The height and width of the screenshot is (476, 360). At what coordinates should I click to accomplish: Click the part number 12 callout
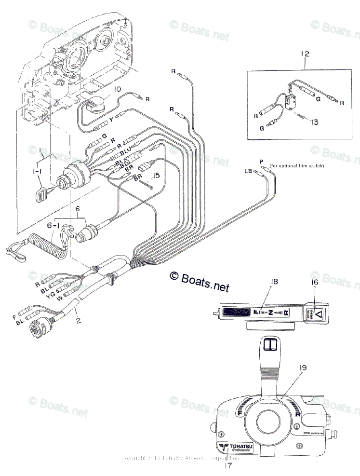click(x=304, y=54)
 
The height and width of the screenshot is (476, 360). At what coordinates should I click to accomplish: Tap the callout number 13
click(x=314, y=122)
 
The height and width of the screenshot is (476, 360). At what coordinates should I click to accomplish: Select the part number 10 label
click(x=117, y=89)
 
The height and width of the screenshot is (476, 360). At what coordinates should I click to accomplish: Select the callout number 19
click(x=302, y=368)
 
